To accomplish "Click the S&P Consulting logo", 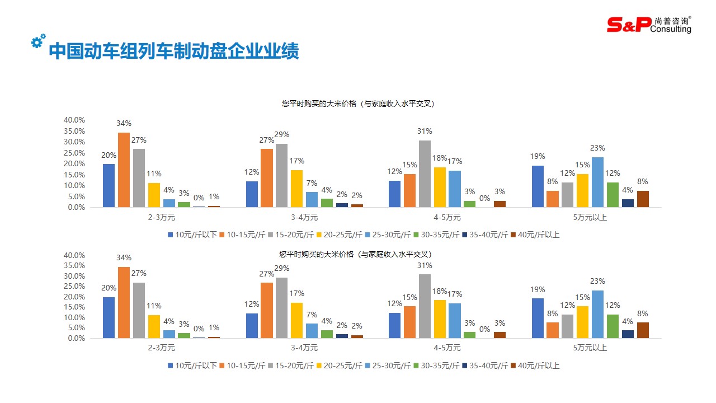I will pyautogui.click(x=649, y=24).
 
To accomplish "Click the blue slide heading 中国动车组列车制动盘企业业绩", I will pyautogui.click(x=174, y=51).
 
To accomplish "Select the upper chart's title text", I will pyautogui.click(x=358, y=104).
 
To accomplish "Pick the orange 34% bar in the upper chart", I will pyautogui.click(x=124, y=170).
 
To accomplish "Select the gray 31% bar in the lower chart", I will pyautogui.click(x=425, y=306).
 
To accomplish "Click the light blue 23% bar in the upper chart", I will pyautogui.click(x=597, y=182).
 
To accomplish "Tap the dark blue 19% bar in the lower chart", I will pyautogui.click(x=538, y=318).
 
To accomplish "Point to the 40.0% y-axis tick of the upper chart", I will pyautogui.click(x=74, y=120).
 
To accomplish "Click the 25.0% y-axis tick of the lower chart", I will pyautogui.click(x=74, y=287).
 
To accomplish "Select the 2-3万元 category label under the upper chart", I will pyautogui.click(x=161, y=217).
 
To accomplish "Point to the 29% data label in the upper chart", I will pyautogui.click(x=282, y=135).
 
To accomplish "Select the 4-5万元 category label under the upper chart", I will pyautogui.click(x=447, y=217).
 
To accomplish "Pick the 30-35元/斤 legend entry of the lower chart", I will pyautogui.click(x=436, y=366).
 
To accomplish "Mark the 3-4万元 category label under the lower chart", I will pyautogui.click(x=304, y=348).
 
